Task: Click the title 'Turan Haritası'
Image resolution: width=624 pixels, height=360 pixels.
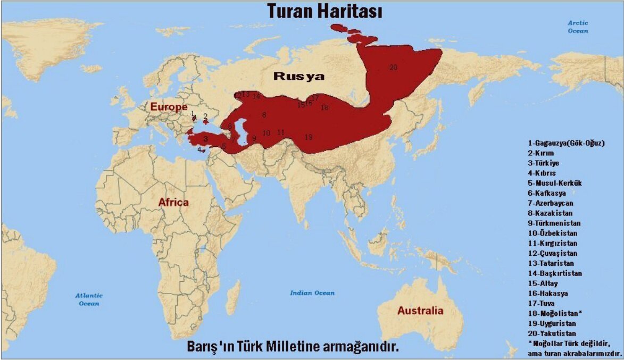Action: (325, 11)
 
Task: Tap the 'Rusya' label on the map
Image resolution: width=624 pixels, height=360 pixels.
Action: (298, 77)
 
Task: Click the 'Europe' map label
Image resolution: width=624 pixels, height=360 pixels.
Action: (169, 107)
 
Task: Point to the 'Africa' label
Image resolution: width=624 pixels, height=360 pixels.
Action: (173, 202)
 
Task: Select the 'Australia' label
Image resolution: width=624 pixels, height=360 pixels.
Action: (420, 311)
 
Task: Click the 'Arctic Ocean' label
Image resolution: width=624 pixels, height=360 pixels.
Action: (578, 27)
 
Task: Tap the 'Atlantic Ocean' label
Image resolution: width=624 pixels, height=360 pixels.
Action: (89, 299)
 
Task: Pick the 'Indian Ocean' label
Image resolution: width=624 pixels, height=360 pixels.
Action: (312, 293)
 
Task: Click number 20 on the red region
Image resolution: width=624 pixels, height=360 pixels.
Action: (393, 68)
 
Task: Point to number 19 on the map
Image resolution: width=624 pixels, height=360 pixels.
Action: (308, 137)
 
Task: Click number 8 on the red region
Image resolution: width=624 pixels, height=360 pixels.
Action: (264, 115)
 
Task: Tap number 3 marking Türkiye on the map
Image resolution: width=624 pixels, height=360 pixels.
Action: (205, 139)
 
